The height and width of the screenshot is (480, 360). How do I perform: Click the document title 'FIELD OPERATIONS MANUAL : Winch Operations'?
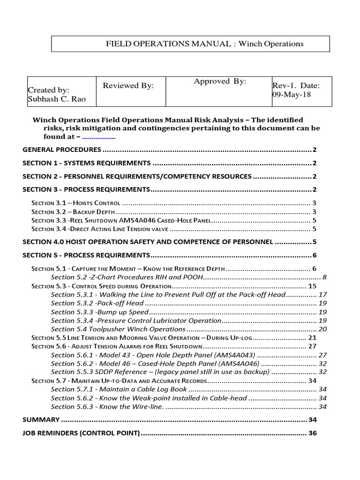pyautogui.click(x=205, y=44)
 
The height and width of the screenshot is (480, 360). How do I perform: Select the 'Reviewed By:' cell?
pyautogui.click(x=128, y=85)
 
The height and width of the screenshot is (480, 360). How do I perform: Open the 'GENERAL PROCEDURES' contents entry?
pyautogui.click(x=62, y=150)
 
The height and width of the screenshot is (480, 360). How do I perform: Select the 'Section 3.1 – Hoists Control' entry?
pyautogui.click(x=75, y=203)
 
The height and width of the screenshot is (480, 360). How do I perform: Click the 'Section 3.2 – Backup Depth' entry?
pyautogui.click(x=71, y=212)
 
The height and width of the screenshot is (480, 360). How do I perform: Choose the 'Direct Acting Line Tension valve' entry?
pyautogui.click(x=120, y=229)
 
